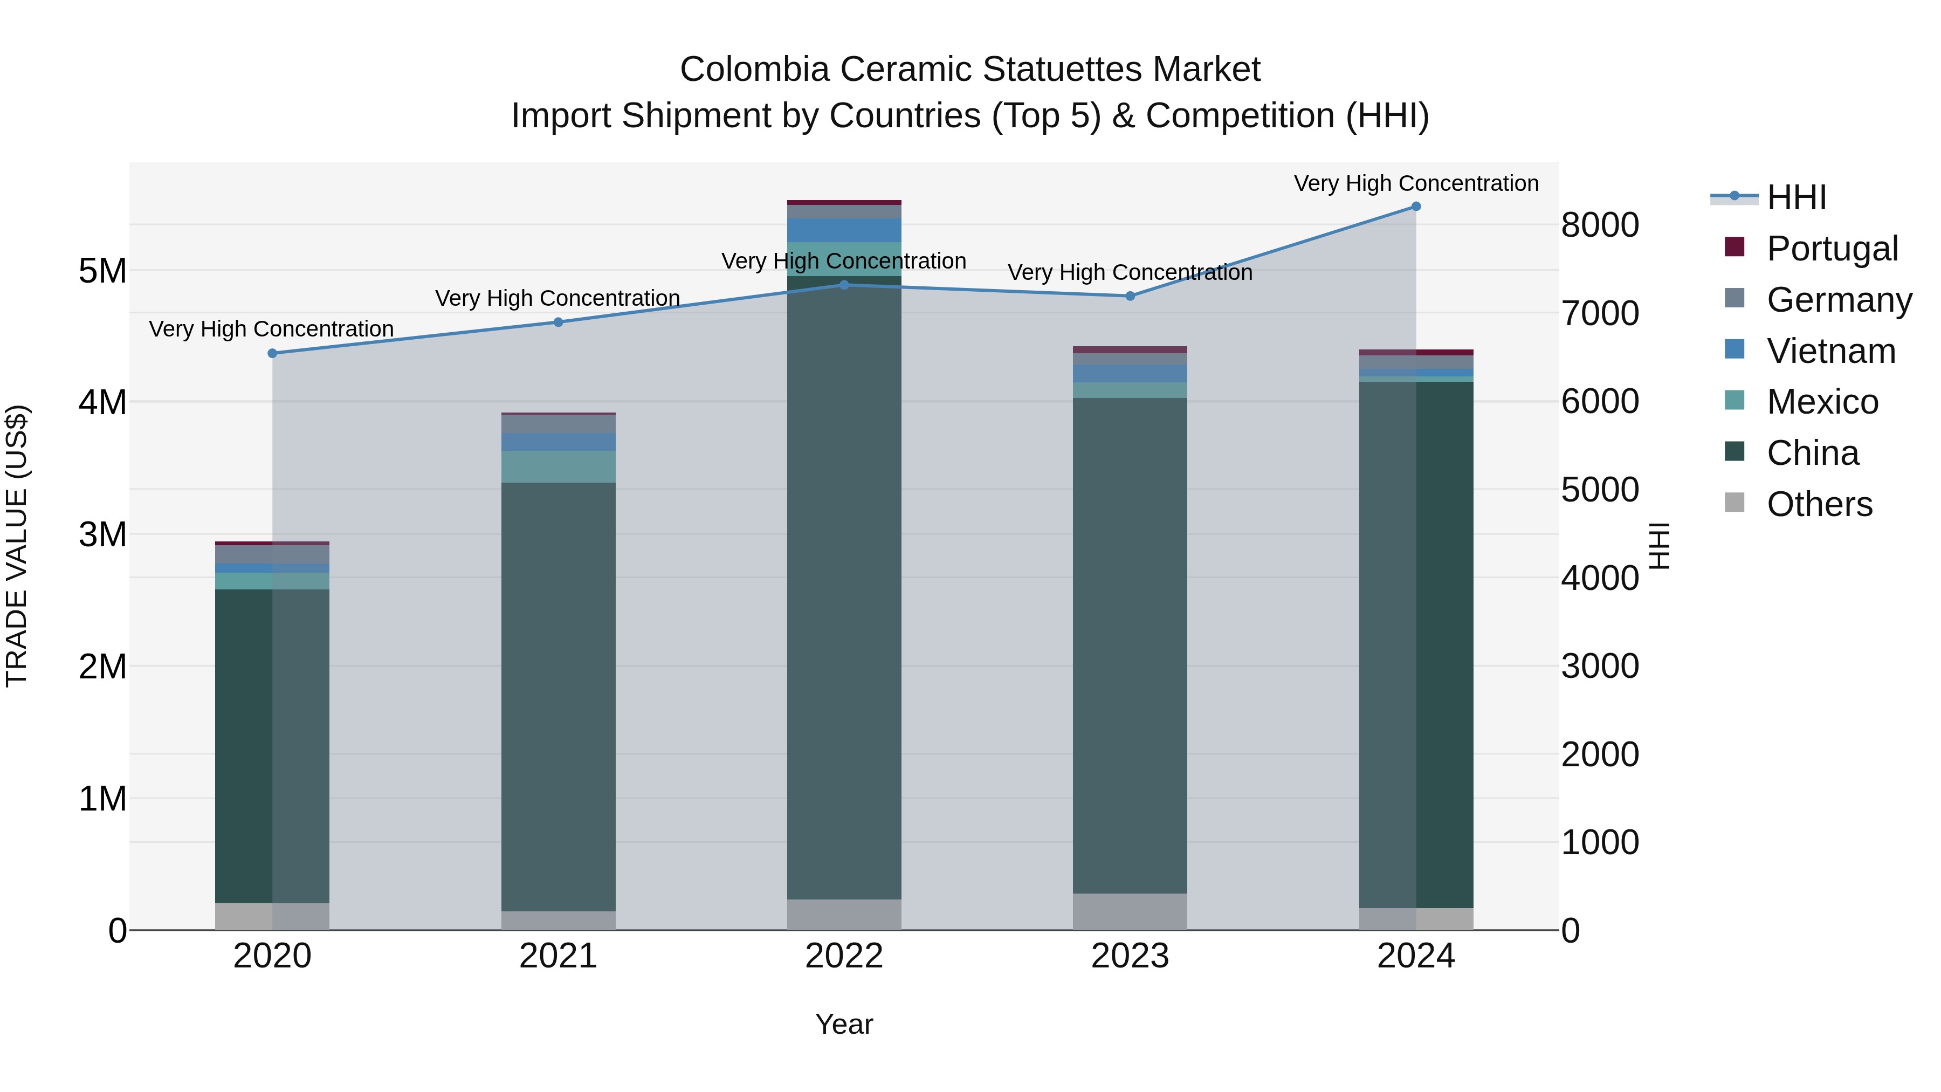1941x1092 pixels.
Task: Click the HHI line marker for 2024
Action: [x=1416, y=207]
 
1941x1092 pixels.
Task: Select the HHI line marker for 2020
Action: [x=273, y=353]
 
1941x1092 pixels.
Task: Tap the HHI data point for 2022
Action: [x=844, y=285]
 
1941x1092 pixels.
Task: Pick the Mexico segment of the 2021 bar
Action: [x=559, y=466]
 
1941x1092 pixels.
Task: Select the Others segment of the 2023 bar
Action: [x=1130, y=912]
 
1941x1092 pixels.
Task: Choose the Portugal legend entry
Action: [x=1832, y=249]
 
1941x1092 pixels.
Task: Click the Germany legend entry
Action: [x=1839, y=300]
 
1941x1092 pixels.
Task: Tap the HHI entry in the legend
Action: [x=1797, y=197]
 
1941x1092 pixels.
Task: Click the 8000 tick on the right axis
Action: [x=1600, y=224]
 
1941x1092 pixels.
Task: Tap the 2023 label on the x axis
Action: [x=1130, y=956]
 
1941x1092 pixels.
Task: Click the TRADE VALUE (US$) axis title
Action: [x=17, y=546]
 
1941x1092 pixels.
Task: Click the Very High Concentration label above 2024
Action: [x=1416, y=184]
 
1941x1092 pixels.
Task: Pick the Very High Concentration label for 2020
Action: [x=271, y=329]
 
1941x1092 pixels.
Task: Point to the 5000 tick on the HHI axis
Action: [x=1600, y=490]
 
